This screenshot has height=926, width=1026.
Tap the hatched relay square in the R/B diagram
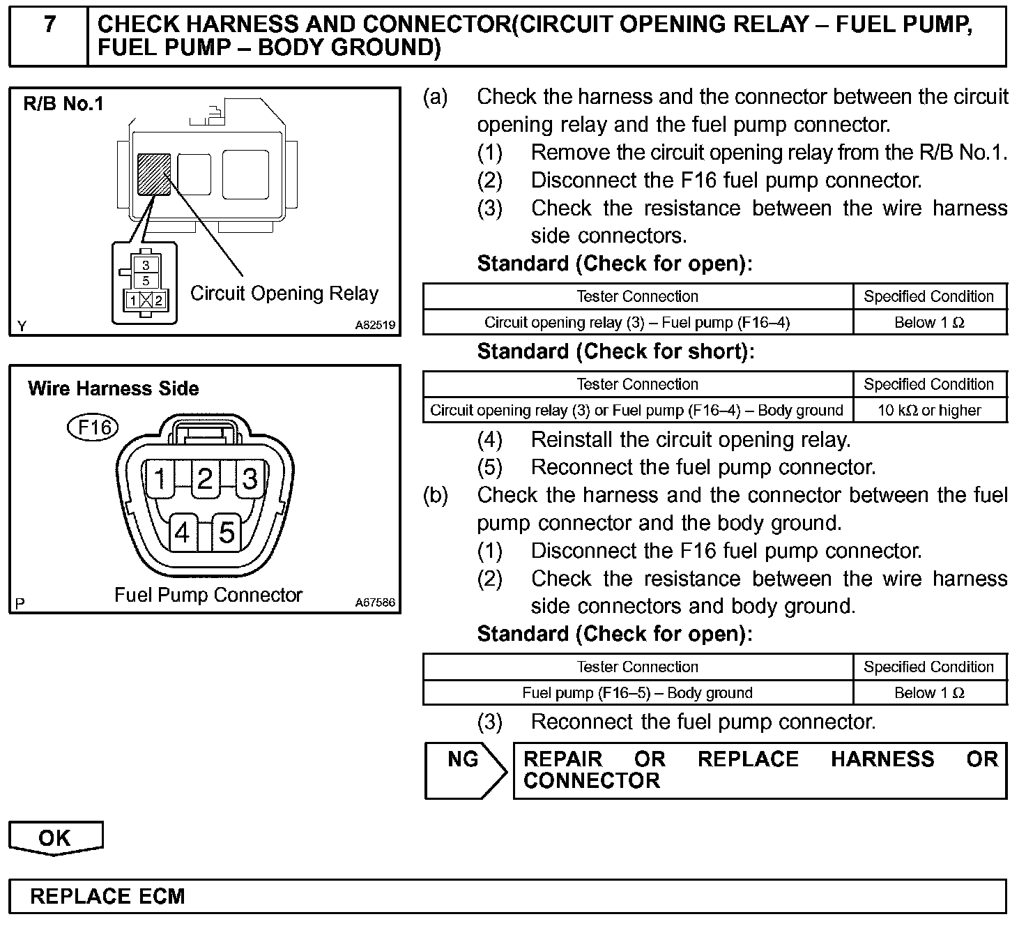pyautogui.click(x=154, y=175)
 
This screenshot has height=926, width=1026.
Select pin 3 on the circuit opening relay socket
pyautogui.click(x=146, y=266)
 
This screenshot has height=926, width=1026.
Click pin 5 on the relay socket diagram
pyautogui.click(x=146, y=281)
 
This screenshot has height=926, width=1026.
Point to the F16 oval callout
pyautogui.click(x=93, y=427)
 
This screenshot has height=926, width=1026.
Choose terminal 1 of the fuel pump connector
pyautogui.click(x=160, y=479)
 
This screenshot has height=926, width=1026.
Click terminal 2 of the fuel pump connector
pyautogui.click(x=205, y=479)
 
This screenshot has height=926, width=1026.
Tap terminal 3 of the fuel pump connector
pyautogui.click(x=250, y=479)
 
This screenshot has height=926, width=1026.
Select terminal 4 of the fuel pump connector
pyautogui.click(x=183, y=533)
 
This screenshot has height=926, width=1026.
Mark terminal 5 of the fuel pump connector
pyautogui.click(x=227, y=533)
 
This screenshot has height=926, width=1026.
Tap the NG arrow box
pyautogui.click(x=464, y=769)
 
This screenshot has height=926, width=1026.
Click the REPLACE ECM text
pyautogui.click(x=108, y=896)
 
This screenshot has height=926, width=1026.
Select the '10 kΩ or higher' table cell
pyautogui.click(x=929, y=410)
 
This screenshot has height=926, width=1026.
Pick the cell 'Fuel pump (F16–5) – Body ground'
pyautogui.click(x=637, y=693)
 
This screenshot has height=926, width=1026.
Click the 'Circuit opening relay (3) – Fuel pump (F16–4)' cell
pyautogui.click(x=637, y=322)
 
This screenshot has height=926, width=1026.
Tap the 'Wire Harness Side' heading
pyautogui.click(x=114, y=388)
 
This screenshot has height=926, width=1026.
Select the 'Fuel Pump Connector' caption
pyautogui.click(x=208, y=595)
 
